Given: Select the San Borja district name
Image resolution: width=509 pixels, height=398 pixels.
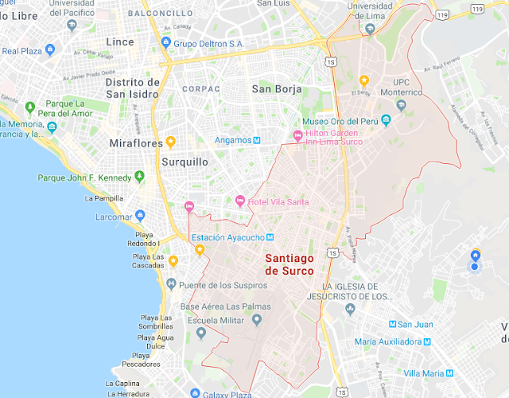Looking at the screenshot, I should pos(276,89).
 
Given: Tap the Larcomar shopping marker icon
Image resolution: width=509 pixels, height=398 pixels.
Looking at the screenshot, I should pos(141,215).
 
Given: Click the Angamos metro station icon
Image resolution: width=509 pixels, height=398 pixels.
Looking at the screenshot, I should pos(257,141).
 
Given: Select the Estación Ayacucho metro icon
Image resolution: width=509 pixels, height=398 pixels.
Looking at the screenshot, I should pos(270,237).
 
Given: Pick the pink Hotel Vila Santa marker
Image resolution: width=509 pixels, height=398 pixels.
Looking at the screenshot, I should pos(239,200).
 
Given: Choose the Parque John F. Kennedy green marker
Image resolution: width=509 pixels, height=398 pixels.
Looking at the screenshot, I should pos(140,177).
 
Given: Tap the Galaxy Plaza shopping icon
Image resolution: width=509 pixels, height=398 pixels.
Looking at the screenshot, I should pos(195,392).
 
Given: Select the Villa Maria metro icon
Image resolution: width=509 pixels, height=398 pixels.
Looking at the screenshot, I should pos(451,373).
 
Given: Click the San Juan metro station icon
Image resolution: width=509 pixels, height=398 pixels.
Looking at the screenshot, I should pos(392,324).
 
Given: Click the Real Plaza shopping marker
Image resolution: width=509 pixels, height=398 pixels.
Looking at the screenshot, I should pos(50,50).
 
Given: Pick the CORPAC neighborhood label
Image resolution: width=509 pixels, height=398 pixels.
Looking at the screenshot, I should pos(200,89).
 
